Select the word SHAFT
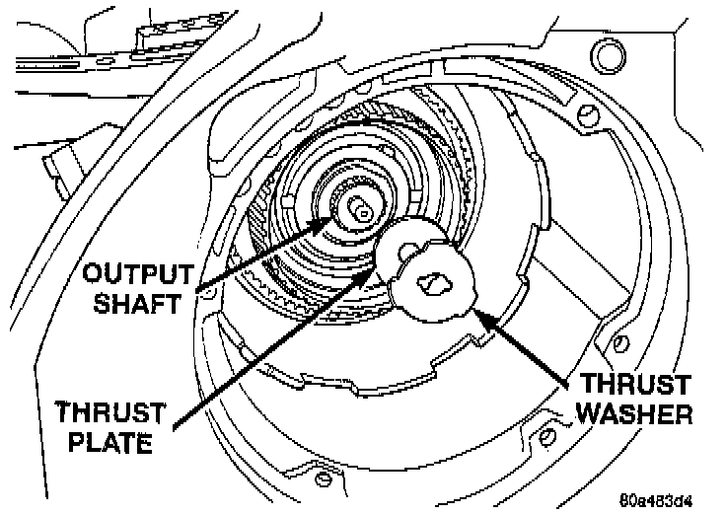tap(137, 302)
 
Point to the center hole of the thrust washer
tap(432, 282)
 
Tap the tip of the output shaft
tap(359, 208)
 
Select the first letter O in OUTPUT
tap(93, 271)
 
